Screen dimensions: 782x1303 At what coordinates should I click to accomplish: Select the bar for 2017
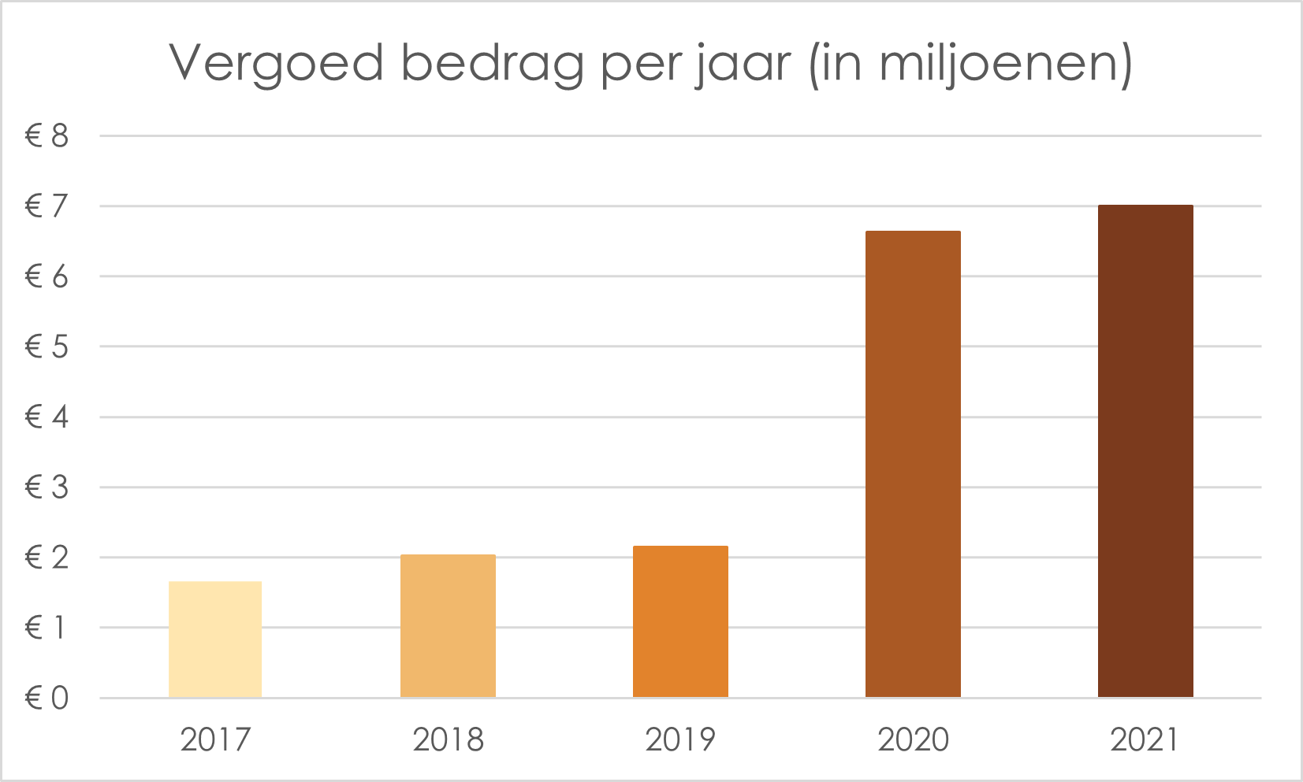tap(215, 639)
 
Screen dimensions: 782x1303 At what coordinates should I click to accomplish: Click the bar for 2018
tap(448, 626)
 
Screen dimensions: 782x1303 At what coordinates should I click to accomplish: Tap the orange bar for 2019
tap(680, 621)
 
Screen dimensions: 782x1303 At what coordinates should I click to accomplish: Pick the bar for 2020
tap(913, 464)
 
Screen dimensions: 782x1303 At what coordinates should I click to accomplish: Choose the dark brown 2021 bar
tap(1145, 451)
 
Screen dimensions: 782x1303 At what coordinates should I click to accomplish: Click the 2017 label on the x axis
tap(215, 740)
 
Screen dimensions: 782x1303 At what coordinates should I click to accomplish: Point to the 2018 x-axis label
tap(448, 740)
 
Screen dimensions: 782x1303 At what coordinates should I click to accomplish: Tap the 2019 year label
tap(680, 740)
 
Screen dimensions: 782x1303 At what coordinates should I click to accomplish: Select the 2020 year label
tap(913, 740)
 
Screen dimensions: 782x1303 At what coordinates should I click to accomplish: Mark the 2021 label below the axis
tap(1145, 740)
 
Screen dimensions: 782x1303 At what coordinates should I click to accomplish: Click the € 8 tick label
tap(47, 137)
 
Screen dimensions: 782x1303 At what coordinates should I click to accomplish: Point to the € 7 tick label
tap(47, 207)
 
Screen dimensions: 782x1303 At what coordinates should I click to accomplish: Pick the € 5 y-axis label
tap(47, 347)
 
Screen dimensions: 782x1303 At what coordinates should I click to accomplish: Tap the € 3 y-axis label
tap(47, 488)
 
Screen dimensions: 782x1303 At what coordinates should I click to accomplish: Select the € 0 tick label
tap(47, 699)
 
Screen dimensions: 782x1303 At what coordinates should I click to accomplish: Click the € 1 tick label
tap(47, 628)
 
